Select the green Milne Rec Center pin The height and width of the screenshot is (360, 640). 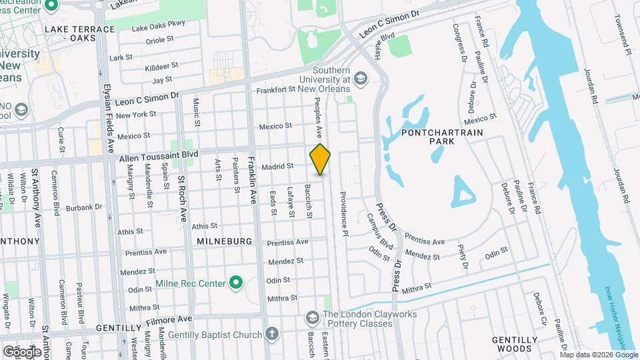235,283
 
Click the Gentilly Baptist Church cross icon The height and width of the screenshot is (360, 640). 271,334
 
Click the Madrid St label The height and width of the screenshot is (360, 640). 277,166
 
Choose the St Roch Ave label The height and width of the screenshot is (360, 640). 182,199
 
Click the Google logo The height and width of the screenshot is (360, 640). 22,351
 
